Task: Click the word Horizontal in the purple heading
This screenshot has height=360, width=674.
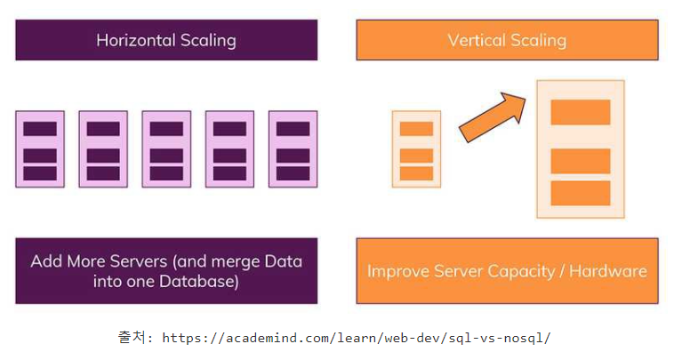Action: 136,40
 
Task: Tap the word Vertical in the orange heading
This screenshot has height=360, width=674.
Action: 477,40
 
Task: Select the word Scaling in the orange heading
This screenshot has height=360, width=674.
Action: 539,41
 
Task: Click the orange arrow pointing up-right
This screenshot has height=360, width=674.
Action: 493,117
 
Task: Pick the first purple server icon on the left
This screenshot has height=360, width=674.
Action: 40,149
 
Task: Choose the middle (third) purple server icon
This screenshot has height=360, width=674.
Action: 166,149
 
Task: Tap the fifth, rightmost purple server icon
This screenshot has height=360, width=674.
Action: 293,149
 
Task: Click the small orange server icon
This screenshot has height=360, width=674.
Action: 416,149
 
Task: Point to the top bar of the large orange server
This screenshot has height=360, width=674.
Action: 581,112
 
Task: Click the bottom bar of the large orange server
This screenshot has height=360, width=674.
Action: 581,193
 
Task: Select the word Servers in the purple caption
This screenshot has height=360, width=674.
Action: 140,261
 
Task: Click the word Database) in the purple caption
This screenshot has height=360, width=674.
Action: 199,282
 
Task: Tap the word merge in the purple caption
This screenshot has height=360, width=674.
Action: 236,262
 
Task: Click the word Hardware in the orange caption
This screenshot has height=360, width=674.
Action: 608,271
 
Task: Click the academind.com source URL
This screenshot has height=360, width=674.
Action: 356,338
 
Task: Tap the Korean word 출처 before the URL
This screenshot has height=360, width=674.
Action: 132,337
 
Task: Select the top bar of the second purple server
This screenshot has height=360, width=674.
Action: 103,129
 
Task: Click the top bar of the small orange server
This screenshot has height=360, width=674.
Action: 416,129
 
